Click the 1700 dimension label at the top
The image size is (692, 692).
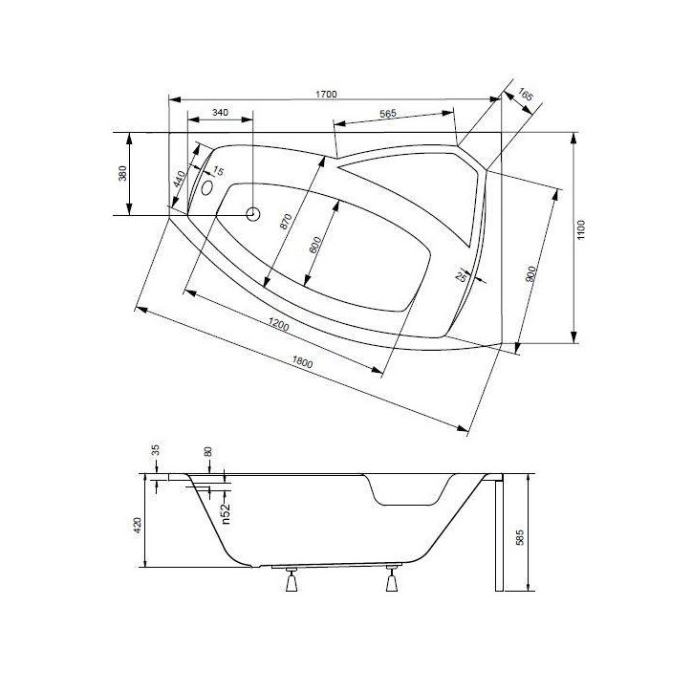[326, 93]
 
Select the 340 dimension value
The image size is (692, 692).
[220, 113]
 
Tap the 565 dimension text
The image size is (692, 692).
[387, 114]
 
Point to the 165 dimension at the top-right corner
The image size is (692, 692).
[527, 97]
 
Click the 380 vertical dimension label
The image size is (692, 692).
[122, 174]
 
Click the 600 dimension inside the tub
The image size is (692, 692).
[316, 246]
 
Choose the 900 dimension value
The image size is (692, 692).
[531, 273]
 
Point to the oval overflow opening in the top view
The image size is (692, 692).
[207, 182]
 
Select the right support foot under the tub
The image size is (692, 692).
[391, 580]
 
